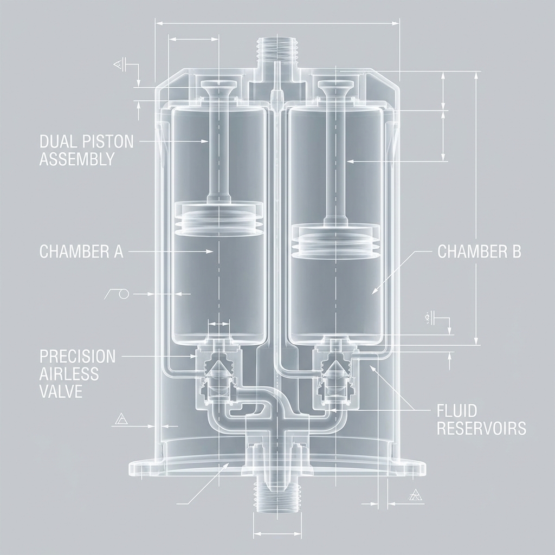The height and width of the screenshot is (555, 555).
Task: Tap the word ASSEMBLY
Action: [x=77, y=159]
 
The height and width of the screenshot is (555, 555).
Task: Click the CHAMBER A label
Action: [x=81, y=251]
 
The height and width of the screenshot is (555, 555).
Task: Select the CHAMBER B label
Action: [x=479, y=251]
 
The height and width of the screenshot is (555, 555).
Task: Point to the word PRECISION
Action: [x=78, y=356]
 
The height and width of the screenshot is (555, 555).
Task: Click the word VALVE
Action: [x=61, y=391]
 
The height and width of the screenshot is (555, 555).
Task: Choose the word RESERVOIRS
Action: [x=481, y=428]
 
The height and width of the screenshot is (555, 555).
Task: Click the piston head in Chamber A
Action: [x=218, y=218]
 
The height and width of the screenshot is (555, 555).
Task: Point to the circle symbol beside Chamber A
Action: [x=123, y=294]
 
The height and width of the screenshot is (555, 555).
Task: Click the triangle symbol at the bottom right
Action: [x=415, y=494]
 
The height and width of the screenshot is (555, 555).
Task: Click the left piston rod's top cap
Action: [x=218, y=87]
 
